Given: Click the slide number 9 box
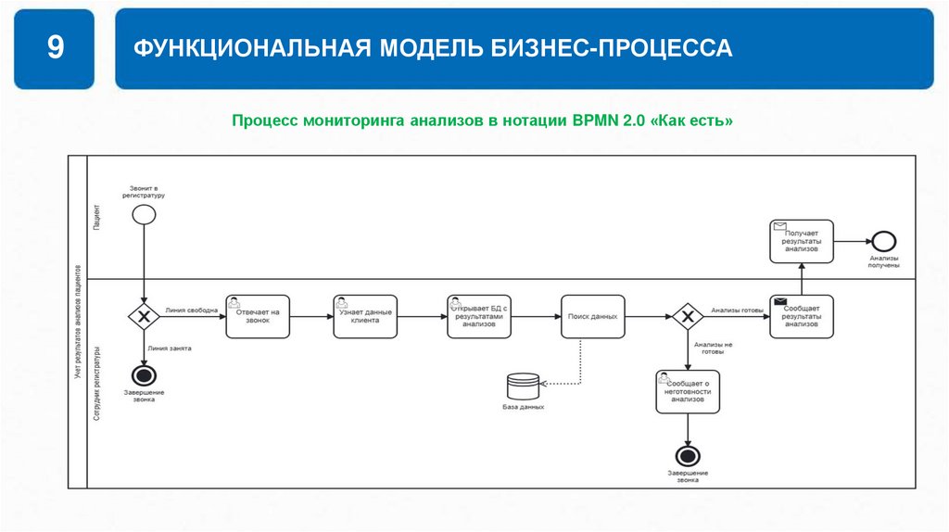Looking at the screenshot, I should click(x=55, y=48).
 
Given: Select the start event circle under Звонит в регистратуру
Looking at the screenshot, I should click(x=144, y=214).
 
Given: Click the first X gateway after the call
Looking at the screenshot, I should click(x=144, y=317).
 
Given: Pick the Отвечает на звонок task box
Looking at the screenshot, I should click(x=258, y=317).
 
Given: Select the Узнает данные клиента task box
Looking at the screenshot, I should click(x=365, y=317).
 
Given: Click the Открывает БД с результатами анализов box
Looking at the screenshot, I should click(x=478, y=317).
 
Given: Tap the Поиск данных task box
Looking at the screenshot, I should click(x=592, y=317).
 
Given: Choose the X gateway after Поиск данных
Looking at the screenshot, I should click(x=687, y=317).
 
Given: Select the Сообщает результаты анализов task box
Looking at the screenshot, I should click(x=801, y=317).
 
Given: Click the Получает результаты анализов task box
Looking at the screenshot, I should click(x=801, y=242).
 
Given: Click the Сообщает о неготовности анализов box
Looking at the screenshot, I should click(x=688, y=390).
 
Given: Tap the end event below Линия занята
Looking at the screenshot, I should click(x=144, y=375).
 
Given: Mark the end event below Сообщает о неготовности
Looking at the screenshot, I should click(x=688, y=456).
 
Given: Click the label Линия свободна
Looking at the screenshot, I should click(x=192, y=310).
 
